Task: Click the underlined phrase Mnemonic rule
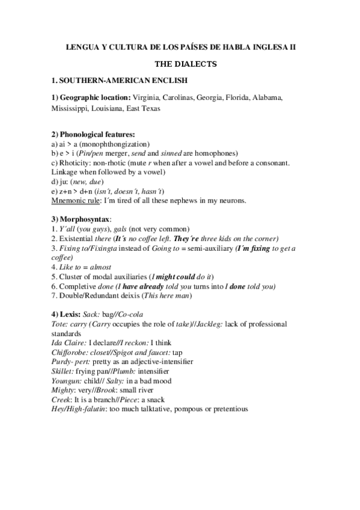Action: click(x=78, y=200)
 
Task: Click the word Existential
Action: click(x=76, y=238)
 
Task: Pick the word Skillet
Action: click(x=65, y=372)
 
